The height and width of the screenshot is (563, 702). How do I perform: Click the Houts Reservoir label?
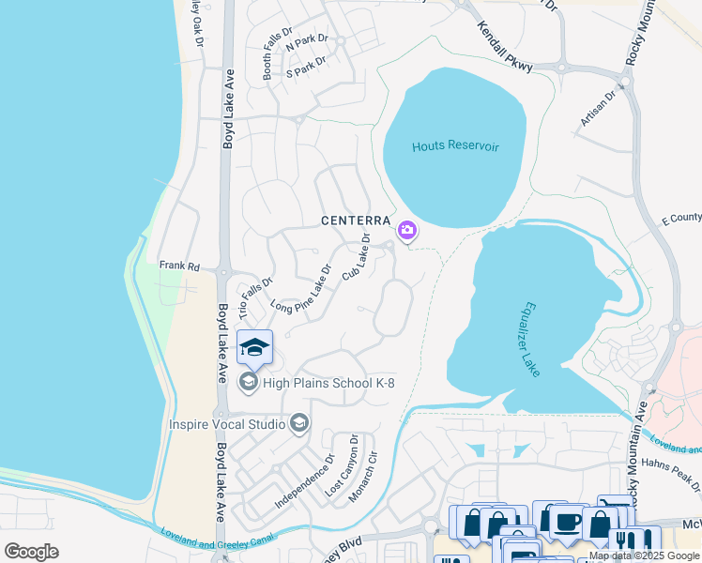pyautogui.click(x=455, y=147)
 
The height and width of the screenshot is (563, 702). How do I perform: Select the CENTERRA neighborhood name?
pyautogui.click(x=355, y=221)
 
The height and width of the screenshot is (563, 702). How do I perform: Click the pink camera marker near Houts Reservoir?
pyautogui.click(x=407, y=230)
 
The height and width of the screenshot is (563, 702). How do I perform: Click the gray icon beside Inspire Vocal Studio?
pyautogui.click(x=299, y=424)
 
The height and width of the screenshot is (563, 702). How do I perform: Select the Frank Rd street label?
pyautogui.click(x=180, y=266)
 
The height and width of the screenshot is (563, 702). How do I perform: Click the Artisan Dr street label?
pyautogui.click(x=597, y=108)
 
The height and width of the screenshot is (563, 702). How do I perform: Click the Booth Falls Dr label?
pyautogui.click(x=271, y=55)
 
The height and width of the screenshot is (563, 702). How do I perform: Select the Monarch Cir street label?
pyautogui.click(x=362, y=478)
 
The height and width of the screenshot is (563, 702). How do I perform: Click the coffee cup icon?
pyautogui.click(x=566, y=522)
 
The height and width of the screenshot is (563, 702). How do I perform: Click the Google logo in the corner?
pyautogui.click(x=31, y=552)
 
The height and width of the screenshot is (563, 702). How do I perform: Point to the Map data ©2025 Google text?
pyautogui.click(x=644, y=555)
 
